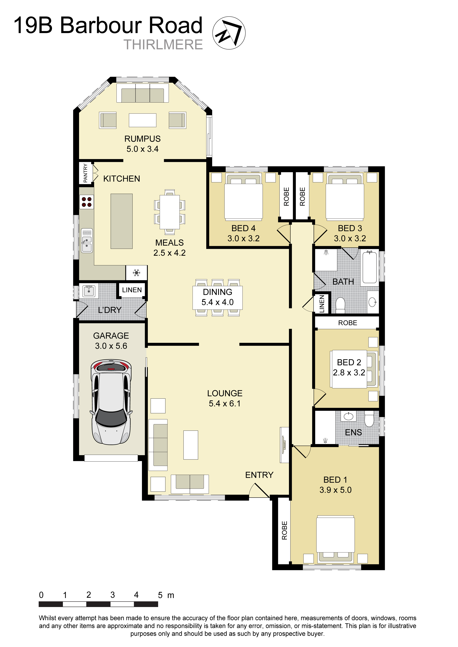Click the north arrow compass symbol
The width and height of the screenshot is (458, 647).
click(229, 33)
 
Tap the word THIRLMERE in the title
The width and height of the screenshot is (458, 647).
click(163, 44)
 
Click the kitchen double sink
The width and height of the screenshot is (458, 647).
click(87, 240)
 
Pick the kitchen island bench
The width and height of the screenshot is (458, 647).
click(121, 221)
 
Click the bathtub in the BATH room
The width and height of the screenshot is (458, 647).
click(370, 267)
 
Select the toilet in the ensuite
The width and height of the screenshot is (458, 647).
click(369, 418)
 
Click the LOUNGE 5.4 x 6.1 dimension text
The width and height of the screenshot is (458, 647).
click(225, 403)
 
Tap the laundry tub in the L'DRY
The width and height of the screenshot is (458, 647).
click(89, 291)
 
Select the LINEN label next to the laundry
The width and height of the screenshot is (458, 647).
click(132, 290)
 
